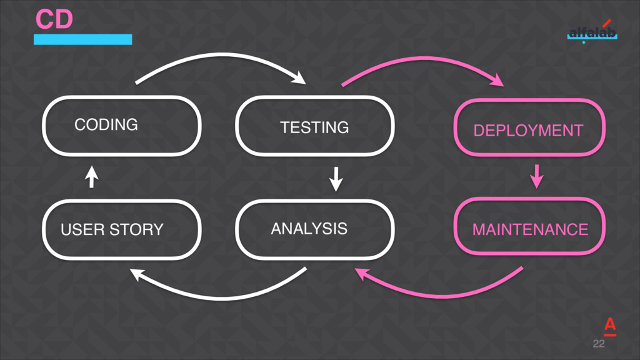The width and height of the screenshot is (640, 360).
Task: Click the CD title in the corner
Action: click(54, 19)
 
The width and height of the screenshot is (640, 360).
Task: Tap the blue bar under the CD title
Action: click(82, 39)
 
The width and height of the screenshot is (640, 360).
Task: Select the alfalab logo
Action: click(592, 34)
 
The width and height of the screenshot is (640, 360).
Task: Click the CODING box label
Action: click(106, 124)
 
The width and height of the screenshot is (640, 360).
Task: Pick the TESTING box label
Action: click(314, 127)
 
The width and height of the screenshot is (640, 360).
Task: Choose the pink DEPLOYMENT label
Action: click(528, 131)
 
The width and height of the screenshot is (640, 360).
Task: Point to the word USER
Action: click(82, 230)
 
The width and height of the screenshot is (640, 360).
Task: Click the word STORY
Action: click(136, 230)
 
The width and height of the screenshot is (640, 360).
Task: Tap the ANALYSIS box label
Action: click(309, 229)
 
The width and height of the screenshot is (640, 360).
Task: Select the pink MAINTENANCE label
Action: click(530, 229)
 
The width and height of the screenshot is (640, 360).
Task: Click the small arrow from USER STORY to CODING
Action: click(92, 176)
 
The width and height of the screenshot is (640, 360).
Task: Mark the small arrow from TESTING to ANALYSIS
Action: click(336, 179)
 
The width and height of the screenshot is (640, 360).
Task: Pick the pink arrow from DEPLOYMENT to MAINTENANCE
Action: click(536, 176)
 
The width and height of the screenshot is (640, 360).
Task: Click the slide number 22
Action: click(599, 344)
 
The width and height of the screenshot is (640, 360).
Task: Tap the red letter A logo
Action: click(610, 326)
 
